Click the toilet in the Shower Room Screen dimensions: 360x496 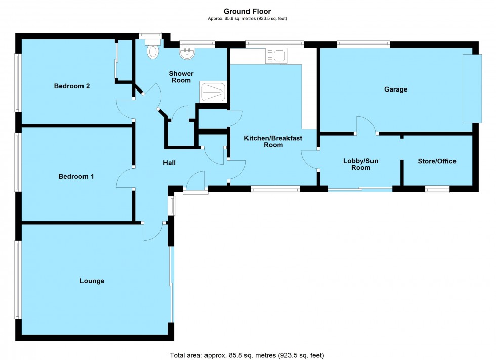click(152, 51)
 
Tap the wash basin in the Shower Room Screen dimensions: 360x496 click(188, 52)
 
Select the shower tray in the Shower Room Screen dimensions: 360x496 click(213, 93)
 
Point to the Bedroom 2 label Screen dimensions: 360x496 click(72, 86)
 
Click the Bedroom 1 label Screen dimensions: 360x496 click(76, 176)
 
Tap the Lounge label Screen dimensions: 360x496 click(92, 281)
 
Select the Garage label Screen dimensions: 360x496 click(395, 89)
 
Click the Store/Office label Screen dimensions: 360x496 click(437, 161)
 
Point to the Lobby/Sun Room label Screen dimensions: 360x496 click(360, 164)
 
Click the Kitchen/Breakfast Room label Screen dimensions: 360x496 click(263, 141)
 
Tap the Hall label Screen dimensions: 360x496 click(169, 163)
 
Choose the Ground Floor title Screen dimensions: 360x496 click(247, 11)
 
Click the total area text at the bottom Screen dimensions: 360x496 click(247, 355)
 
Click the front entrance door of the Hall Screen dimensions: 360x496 click(195, 183)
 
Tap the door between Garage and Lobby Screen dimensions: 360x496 click(366, 125)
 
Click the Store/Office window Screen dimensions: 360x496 click(437, 190)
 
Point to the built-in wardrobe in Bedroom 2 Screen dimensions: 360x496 click(116, 61)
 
